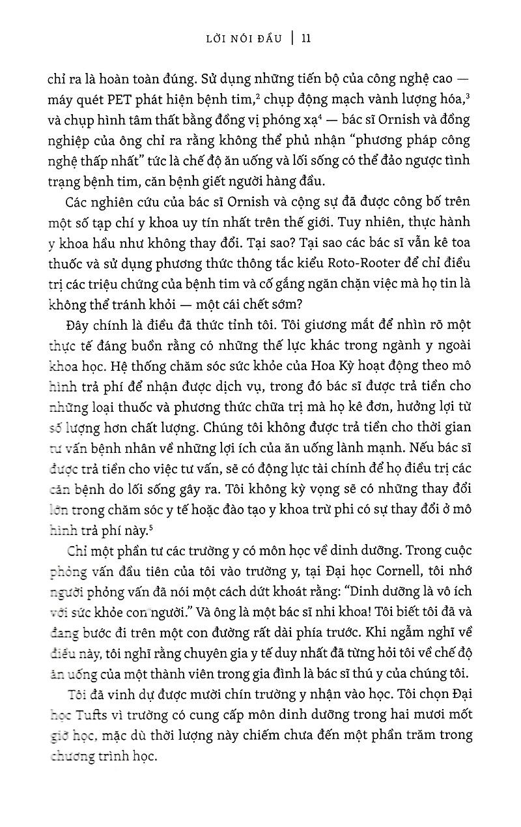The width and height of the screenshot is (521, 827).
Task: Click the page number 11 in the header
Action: [305, 38]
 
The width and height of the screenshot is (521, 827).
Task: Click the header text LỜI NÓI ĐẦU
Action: [243, 38]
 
